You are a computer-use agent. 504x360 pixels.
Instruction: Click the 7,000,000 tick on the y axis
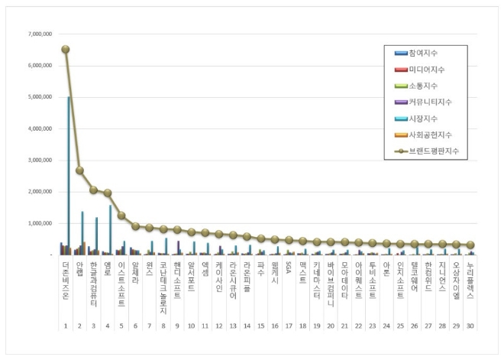coord(38,34)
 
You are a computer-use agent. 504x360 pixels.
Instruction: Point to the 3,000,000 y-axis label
coord(38,160)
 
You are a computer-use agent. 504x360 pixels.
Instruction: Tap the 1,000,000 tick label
coord(38,223)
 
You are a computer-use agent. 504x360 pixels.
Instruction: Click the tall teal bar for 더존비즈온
coord(69,176)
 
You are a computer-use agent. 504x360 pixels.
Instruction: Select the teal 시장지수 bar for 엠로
coord(111,229)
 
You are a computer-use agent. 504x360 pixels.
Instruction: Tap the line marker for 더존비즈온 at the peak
coord(66,49)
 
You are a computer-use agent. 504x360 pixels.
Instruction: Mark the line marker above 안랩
coord(79,170)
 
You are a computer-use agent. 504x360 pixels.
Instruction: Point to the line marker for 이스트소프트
coord(121,216)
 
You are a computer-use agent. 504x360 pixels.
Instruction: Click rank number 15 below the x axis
coord(261,326)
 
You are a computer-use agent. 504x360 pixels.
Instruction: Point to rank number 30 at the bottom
coord(470,326)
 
